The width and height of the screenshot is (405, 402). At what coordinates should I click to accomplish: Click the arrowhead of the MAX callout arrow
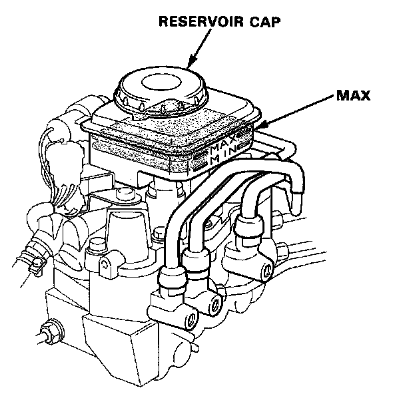tap(262, 124)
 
